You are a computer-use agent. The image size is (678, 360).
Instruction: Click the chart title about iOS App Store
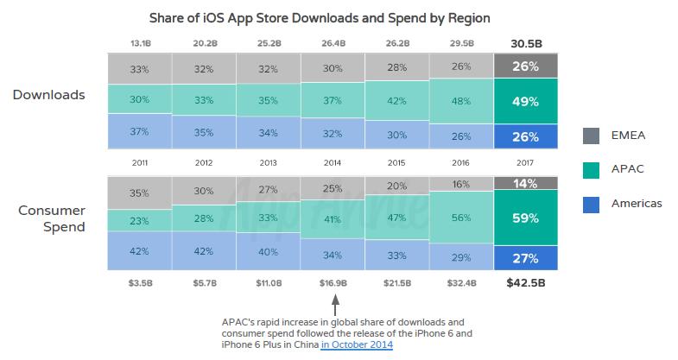click(x=338, y=18)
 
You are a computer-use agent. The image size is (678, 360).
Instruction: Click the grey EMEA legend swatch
click(x=592, y=135)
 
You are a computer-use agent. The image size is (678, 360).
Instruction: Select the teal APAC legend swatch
click(x=592, y=169)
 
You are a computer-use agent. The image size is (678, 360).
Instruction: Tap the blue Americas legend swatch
click(x=592, y=203)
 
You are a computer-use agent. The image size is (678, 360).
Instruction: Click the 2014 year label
click(x=333, y=161)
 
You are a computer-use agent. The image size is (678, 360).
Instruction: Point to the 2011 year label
click(x=139, y=161)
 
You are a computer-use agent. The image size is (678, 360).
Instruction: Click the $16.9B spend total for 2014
click(x=333, y=283)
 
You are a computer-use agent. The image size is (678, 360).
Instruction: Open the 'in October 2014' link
click(x=356, y=344)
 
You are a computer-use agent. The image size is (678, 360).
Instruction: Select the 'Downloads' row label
click(x=48, y=95)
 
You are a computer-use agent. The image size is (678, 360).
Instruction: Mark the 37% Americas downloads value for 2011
click(x=139, y=131)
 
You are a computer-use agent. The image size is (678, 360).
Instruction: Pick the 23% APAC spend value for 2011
click(x=139, y=220)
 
